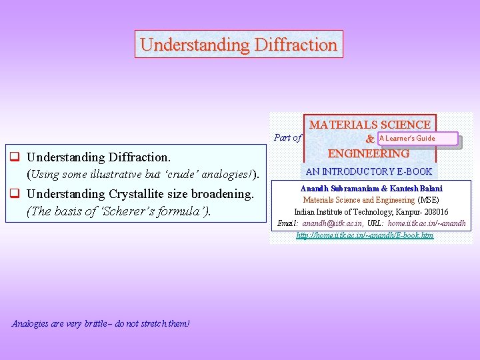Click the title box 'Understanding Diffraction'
tap(239, 45)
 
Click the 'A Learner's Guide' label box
tap(417, 139)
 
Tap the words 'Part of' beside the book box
tap(287, 138)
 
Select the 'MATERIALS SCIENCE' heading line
tap(369, 125)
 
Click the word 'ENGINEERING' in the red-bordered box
tap(369, 153)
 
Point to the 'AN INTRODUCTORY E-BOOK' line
tap(369, 171)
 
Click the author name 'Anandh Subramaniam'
tap(337, 189)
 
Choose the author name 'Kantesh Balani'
tap(417, 189)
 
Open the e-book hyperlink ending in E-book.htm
tap(365, 235)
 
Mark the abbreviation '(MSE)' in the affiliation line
tap(428, 200)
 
